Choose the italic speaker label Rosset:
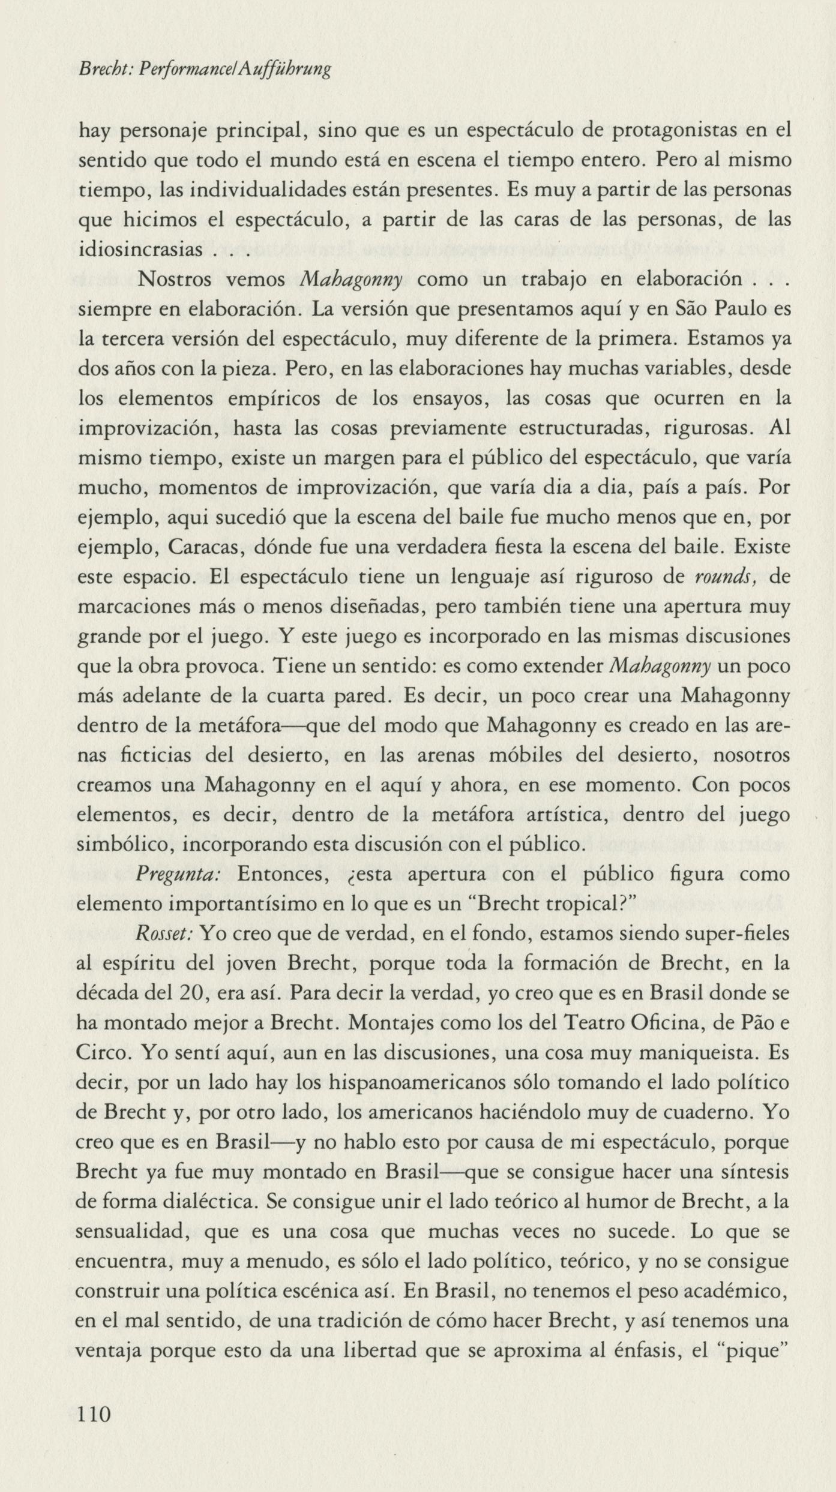[x=164, y=934]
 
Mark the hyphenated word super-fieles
[x=724, y=934]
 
